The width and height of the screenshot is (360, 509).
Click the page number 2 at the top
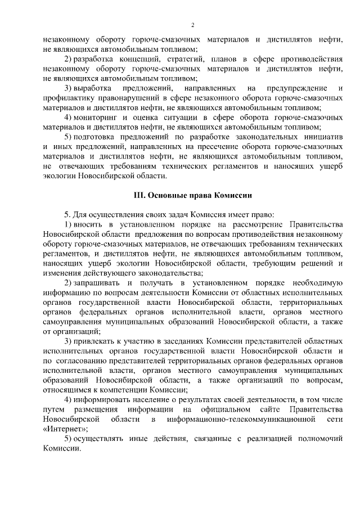[192, 25]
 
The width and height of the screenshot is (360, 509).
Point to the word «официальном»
[222, 409]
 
